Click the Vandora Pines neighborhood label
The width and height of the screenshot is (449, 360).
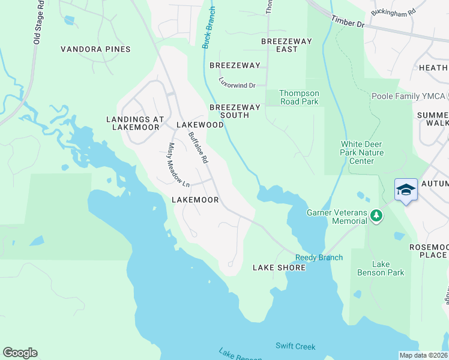(x=96, y=49)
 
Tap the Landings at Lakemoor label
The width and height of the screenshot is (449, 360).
(x=135, y=123)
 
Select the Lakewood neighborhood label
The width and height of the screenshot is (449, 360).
(x=200, y=125)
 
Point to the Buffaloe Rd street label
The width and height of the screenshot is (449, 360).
(x=197, y=148)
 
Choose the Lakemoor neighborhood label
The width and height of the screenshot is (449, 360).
(x=194, y=199)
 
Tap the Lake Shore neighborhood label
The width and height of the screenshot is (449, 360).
(x=279, y=267)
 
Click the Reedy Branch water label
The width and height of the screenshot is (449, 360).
(x=319, y=257)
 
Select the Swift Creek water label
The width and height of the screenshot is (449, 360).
(x=295, y=346)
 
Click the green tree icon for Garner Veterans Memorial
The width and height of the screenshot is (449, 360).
(x=376, y=215)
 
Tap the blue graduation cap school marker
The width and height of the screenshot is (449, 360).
(x=406, y=190)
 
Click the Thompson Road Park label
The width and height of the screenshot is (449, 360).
(x=300, y=97)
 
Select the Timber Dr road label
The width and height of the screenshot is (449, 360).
(x=348, y=22)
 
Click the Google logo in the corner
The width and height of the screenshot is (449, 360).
(x=20, y=353)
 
